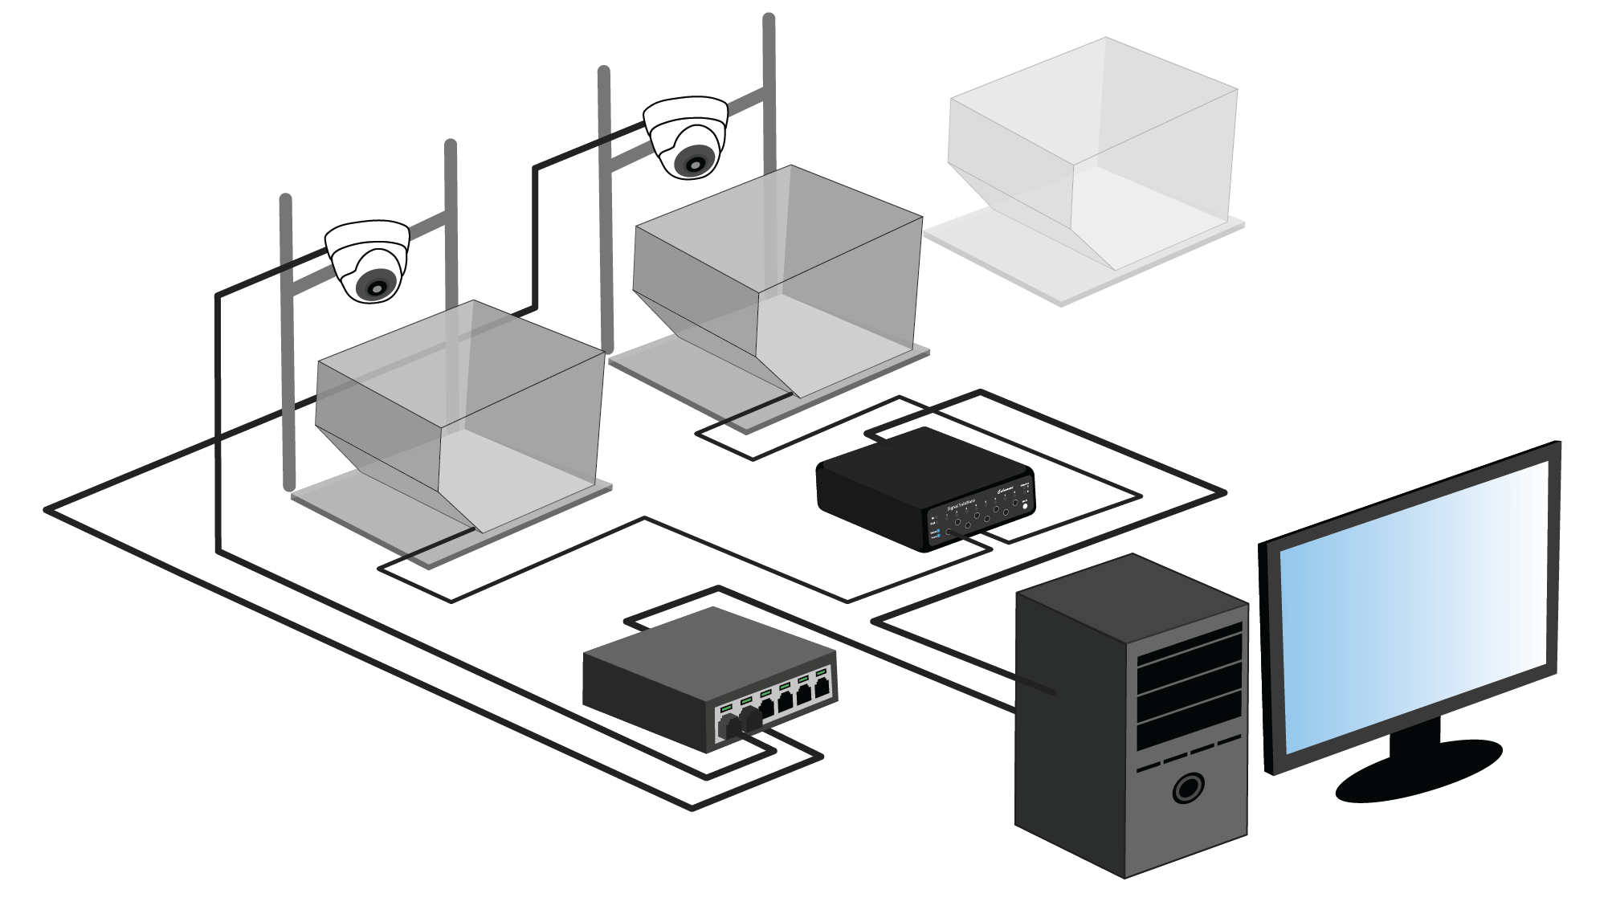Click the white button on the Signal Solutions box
1025,505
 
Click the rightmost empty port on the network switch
822,688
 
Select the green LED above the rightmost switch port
821,671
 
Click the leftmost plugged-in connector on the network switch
730,726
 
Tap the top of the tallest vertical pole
769,19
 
